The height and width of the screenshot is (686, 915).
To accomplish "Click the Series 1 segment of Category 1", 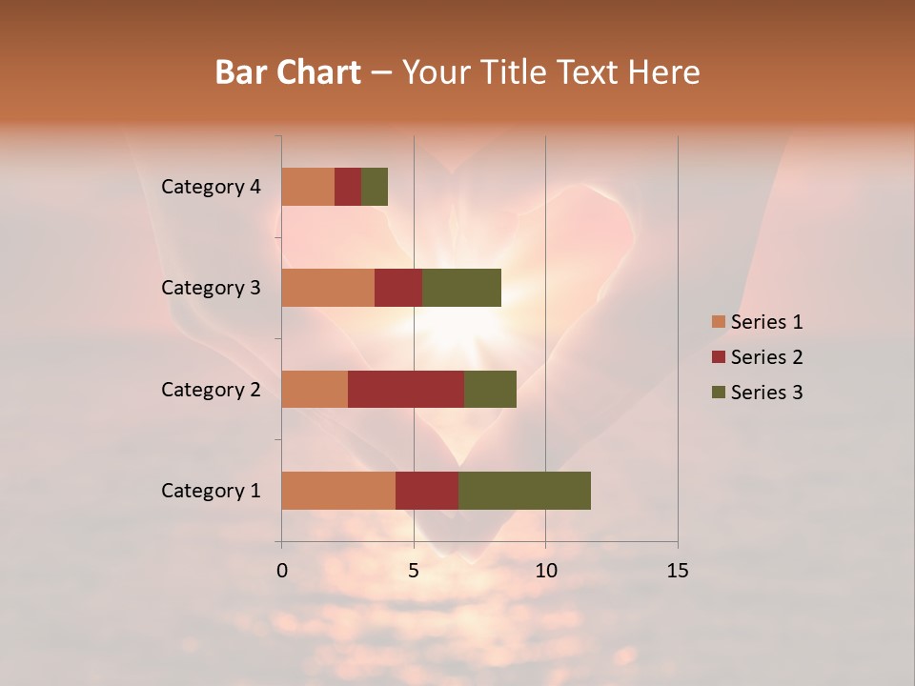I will (x=338, y=490).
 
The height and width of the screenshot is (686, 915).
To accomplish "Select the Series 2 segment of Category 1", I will (x=427, y=490).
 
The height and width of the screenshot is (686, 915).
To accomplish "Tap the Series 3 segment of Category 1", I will (x=524, y=490).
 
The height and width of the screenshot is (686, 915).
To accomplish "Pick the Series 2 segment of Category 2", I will (x=406, y=389).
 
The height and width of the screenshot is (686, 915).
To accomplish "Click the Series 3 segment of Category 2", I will (x=490, y=389).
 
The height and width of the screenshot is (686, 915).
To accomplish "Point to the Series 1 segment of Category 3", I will (x=328, y=288).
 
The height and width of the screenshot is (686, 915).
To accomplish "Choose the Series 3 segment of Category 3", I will (x=461, y=288).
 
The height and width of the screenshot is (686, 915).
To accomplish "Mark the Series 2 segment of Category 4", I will (x=348, y=187).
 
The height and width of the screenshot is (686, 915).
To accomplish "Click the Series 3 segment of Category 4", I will (x=375, y=187).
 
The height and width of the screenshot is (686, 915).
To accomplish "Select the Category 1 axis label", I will (x=211, y=491).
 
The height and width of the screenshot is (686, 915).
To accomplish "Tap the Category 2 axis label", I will (x=211, y=390).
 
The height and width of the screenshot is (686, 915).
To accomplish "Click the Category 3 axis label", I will (x=211, y=288).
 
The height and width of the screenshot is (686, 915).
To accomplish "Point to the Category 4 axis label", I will (x=211, y=187).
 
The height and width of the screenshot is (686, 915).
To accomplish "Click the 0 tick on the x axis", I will (x=282, y=571).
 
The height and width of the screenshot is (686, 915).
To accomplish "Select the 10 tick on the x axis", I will (x=545, y=571).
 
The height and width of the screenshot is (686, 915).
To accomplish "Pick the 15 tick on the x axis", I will (x=678, y=571).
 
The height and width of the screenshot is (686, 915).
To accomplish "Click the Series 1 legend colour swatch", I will (x=719, y=322).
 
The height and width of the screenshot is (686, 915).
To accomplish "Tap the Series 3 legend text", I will (x=766, y=393).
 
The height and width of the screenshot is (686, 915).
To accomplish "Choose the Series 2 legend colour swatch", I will (x=719, y=357).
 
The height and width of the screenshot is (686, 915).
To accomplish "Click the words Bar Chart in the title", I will (x=288, y=72).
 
